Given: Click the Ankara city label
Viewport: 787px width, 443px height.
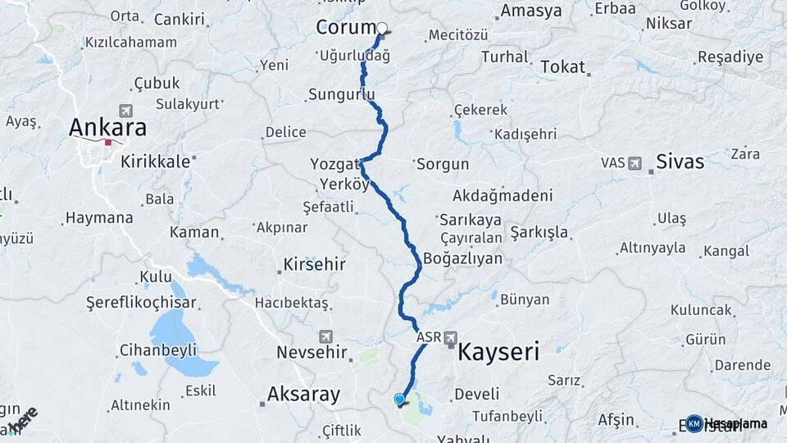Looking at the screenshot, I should click(x=107, y=127).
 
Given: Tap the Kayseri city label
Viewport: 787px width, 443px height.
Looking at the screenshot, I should click(x=498, y=353).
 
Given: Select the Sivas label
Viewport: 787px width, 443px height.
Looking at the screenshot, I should click(x=680, y=162).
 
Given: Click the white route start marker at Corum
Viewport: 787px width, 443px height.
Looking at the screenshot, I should click(x=381, y=28).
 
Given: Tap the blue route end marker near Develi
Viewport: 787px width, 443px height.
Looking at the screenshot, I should click(x=399, y=400).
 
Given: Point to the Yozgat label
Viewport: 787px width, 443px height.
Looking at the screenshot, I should click(x=330, y=163).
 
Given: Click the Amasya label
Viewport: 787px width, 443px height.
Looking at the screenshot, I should click(x=530, y=11).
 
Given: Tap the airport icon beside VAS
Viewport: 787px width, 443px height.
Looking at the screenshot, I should click(x=635, y=164).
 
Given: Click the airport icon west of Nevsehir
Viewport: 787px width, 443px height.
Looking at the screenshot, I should click(x=326, y=337).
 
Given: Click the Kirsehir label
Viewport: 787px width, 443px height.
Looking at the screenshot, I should click(x=314, y=265).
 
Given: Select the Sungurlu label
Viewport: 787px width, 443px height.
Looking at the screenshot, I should click(x=341, y=94).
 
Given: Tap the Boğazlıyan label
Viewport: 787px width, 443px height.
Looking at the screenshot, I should click(x=462, y=258).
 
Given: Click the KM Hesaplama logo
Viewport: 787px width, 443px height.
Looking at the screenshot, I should click(x=727, y=423).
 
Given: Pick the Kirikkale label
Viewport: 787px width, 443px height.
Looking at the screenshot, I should click(x=155, y=162).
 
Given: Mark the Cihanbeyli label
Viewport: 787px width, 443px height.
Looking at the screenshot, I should click(x=157, y=350).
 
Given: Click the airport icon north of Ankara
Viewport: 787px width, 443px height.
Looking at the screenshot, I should click(x=125, y=111).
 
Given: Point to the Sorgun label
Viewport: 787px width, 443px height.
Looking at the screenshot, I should click(x=443, y=164).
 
